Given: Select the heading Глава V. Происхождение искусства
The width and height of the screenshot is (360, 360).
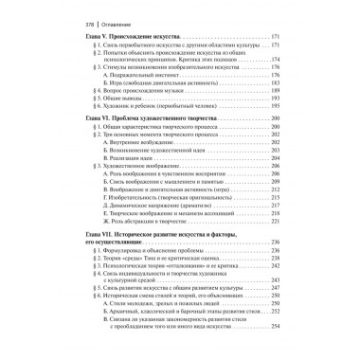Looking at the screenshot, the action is click(114, 34).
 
